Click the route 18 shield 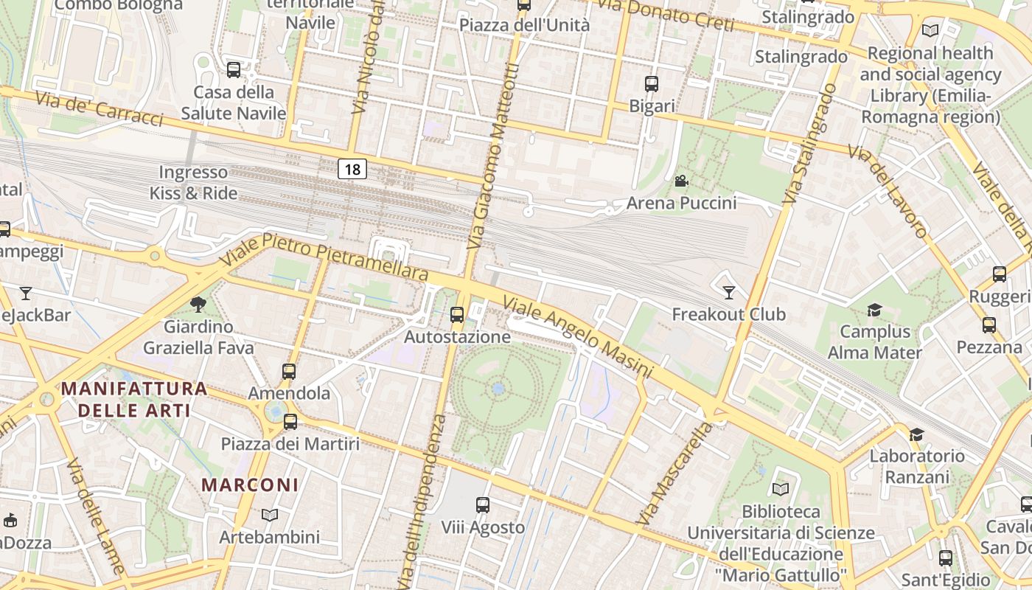pos(352,170)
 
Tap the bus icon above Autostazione pos(457,315)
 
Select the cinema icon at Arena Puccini pos(681,181)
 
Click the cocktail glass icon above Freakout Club pos(728,293)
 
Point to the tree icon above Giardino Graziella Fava pos(198,304)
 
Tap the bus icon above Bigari pos(652,84)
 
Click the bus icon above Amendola pos(289,372)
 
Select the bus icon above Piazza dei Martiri pos(290,422)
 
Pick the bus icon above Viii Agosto pos(483,505)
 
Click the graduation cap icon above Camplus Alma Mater pos(874,310)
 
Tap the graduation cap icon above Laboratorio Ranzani pos(916,434)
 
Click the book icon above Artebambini pos(270,515)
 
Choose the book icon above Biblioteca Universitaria pos(780,489)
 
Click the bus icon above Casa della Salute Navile pos(234,70)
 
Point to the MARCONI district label pos(251,485)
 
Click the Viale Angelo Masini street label pos(578,338)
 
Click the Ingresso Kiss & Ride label pos(194,183)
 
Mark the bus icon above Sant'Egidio pos(946,558)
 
